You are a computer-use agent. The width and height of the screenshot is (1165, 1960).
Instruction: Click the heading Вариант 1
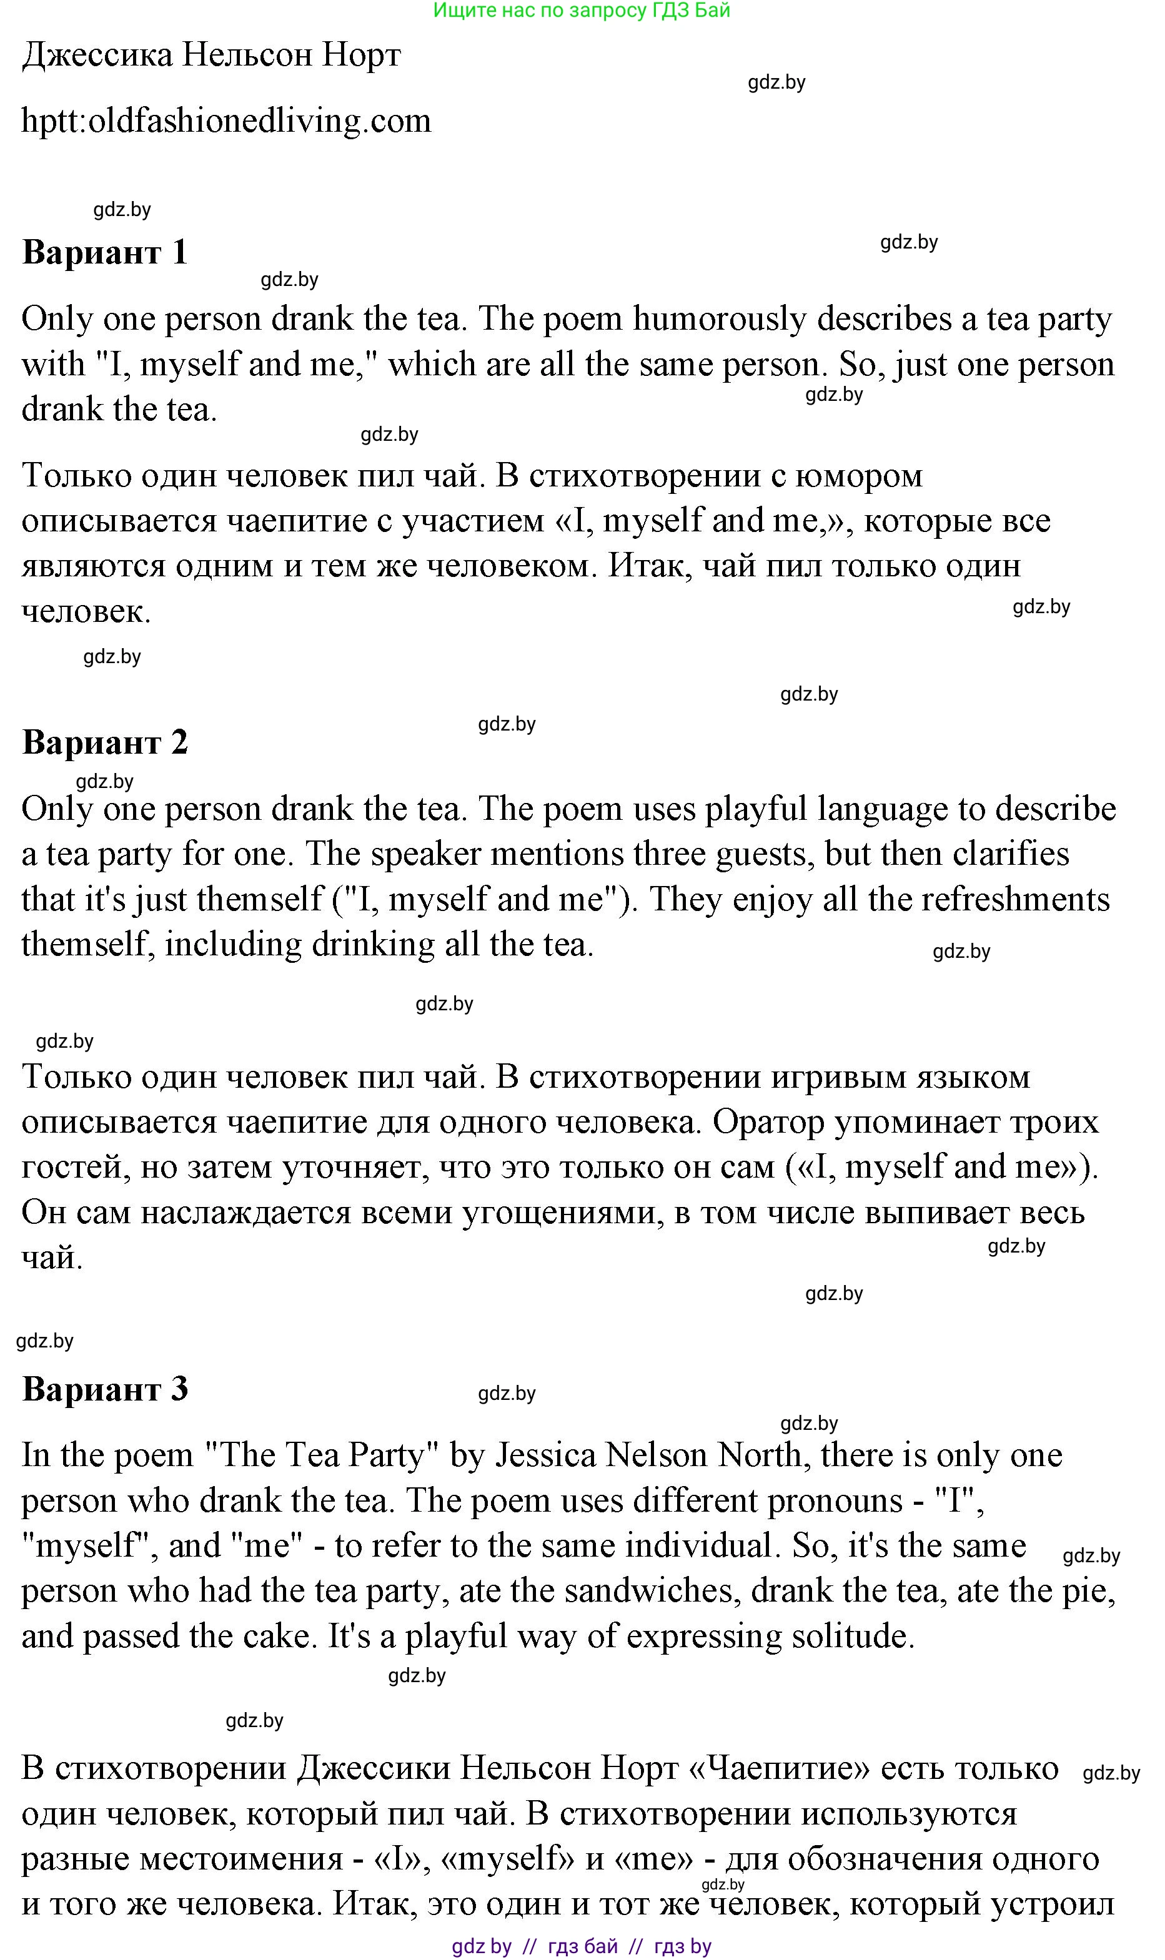pos(104,253)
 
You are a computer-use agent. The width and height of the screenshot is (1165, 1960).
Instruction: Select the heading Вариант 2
pos(104,742)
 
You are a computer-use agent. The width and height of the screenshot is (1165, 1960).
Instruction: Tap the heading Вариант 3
pos(104,1389)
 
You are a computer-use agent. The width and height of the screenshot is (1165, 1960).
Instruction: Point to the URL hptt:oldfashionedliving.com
pos(226,121)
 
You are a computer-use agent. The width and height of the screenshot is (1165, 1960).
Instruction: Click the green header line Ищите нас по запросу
pos(581,10)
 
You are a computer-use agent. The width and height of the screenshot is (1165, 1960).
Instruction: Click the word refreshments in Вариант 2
pos(1015,899)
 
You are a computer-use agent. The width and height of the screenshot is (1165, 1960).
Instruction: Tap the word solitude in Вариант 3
pos(852,1637)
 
